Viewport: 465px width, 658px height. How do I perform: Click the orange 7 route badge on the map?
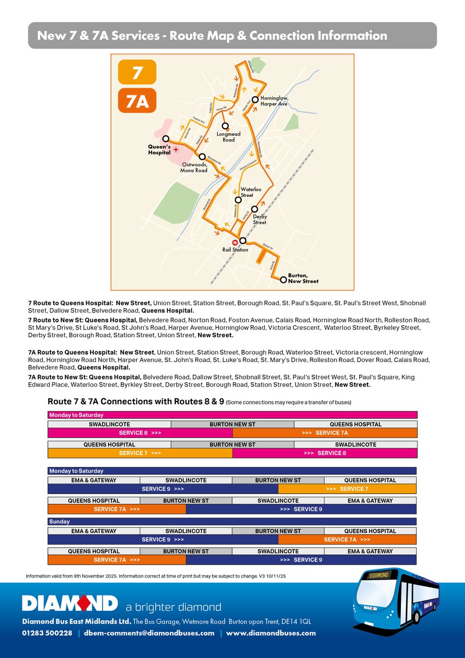click(x=137, y=72)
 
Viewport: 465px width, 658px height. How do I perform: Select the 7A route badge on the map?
click(x=137, y=101)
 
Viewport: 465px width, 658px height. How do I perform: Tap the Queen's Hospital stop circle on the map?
click(x=166, y=139)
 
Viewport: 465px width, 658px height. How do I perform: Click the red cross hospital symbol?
click(x=175, y=149)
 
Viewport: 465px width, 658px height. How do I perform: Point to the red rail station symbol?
click(x=233, y=241)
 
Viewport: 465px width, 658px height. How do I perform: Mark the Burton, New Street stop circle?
click(x=283, y=279)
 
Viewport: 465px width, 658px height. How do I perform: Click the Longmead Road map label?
click(x=229, y=137)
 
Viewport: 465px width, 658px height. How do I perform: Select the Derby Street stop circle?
click(x=254, y=209)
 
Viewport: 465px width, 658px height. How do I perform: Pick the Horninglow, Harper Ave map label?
click(x=274, y=101)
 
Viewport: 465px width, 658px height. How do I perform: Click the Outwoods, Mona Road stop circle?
click(x=202, y=156)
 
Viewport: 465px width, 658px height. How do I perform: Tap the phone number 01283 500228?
click(x=47, y=633)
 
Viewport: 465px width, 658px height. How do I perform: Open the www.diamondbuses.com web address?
click(x=271, y=633)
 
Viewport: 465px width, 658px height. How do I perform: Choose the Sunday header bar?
click(x=232, y=521)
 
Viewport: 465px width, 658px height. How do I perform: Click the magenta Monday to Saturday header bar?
click(x=232, y=415)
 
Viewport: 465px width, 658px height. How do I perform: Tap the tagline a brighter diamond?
click(x=173, y=607)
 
